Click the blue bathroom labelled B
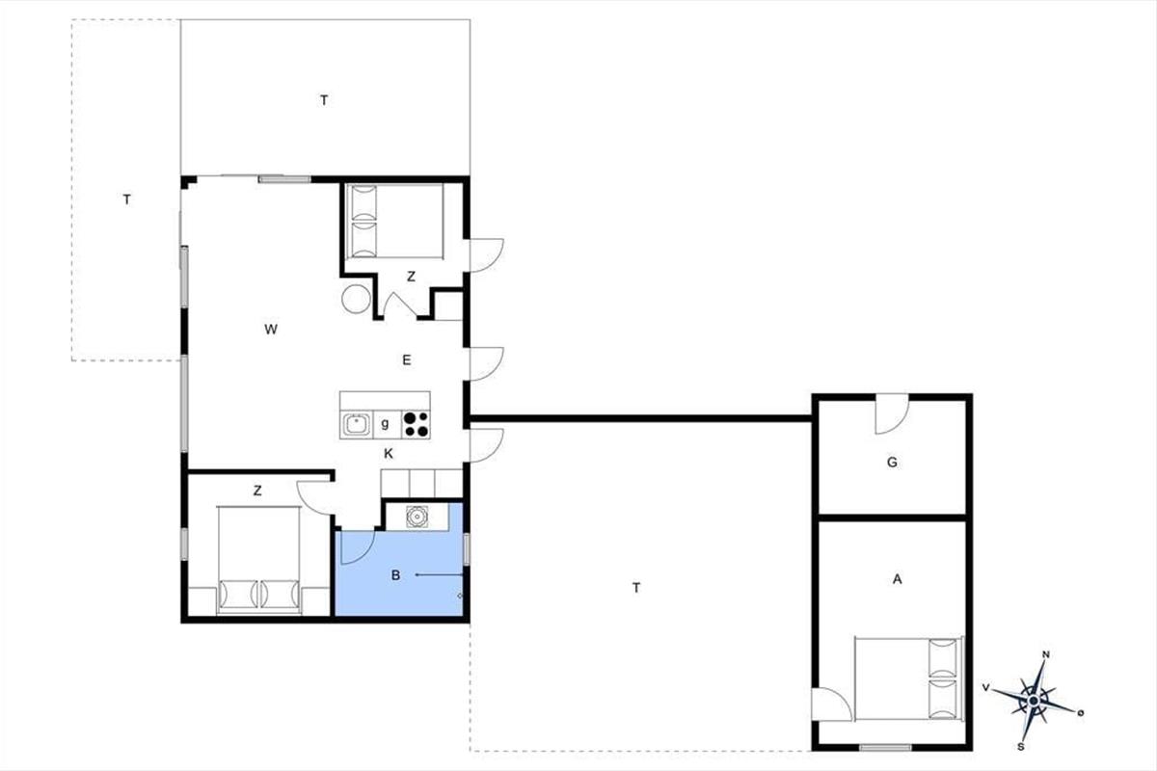point(399,573)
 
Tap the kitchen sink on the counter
point(357,424)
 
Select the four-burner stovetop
point(416,424)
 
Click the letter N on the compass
point(1046,654)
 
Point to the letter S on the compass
point(1021,747)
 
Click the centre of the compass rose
point(1033,701)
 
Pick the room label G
point(892,463)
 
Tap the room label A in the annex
point(898,579)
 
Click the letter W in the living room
point(271,329)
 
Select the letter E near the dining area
point(407,359)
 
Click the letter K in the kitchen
point(389,454)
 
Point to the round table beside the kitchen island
point(356,299)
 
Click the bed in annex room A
point(909,678)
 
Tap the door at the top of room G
point(892,414)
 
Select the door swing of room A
point(831,705)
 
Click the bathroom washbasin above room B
point(417,517)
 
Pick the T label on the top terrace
point(324,100)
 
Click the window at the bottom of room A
point(885,747)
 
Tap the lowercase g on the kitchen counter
point(385,424)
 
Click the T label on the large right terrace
point(636,588)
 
